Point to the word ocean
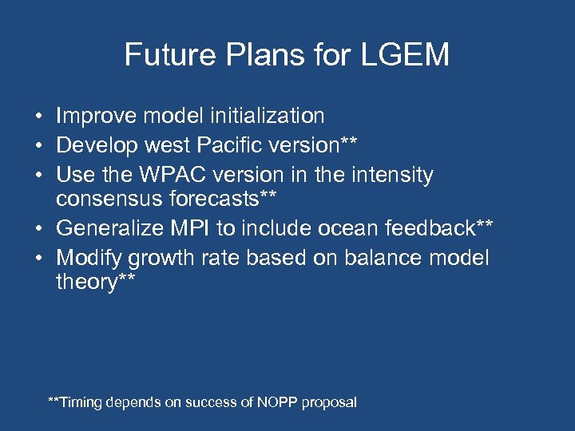point(352,229)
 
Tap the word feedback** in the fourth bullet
point(444,229)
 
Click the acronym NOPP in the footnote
point(278,402)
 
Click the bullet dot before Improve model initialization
point(38,117)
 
